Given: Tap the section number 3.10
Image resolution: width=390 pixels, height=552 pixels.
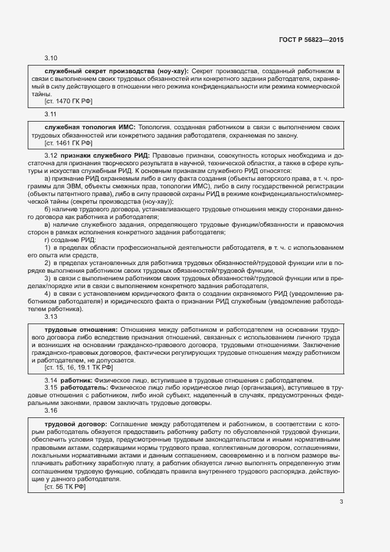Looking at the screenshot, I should click(x=51, y=58).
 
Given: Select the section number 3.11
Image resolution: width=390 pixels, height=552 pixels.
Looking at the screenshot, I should click(x=51, y=113).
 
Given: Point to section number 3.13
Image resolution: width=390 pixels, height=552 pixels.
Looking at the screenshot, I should click(x=51, y=316).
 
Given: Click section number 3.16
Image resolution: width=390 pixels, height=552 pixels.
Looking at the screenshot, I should click(x=51, y=410).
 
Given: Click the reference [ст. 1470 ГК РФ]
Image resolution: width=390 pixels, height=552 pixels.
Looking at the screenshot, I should click(x=68, y=102).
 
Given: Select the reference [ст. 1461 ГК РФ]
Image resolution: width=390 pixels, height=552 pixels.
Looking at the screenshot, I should click(x=68, y=143).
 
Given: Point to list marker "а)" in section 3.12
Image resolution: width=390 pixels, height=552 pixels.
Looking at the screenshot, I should click(x=48, y=178).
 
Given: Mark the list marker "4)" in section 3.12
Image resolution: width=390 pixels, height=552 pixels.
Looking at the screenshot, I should click(x=47, y=293).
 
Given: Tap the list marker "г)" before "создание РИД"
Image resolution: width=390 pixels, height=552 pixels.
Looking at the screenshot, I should click(x=47, y=239).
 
